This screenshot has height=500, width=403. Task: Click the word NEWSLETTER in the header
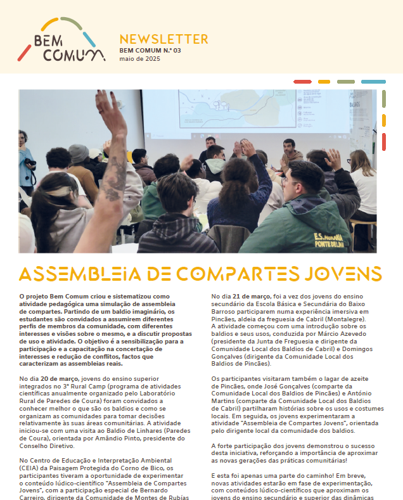coord(163,39)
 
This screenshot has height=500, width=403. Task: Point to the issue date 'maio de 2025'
coord(140,59)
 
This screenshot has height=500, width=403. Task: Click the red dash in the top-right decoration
coord(302,82)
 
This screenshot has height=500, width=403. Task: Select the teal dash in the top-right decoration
coord(373,82)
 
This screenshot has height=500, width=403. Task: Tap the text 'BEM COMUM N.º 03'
coord(150,50)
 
